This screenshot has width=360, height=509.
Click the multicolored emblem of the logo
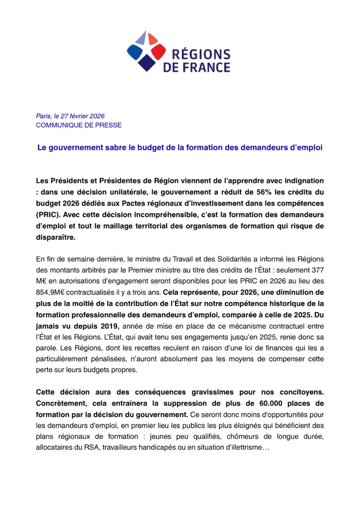(x=146, y=50)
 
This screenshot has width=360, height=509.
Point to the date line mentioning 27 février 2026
(x=70, y=116)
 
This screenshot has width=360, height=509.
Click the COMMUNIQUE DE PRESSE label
(x=79, y=125)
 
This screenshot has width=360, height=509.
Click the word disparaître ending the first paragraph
(x=56, y=237)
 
